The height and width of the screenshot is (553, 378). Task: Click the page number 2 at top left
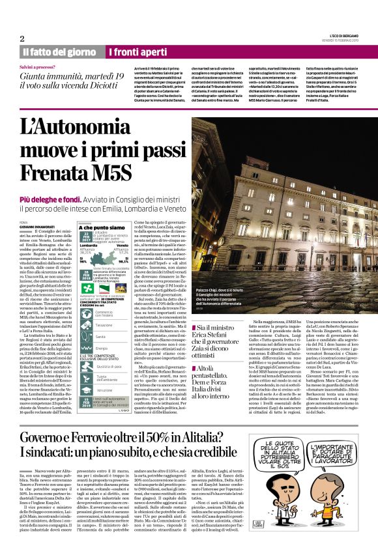[22, 38]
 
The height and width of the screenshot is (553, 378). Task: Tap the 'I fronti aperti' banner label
[138, 51]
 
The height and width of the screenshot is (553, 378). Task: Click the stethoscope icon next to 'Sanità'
[86, 336]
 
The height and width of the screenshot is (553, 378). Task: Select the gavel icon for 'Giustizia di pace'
[86, 367]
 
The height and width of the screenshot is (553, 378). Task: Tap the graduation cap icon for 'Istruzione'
[86, 390]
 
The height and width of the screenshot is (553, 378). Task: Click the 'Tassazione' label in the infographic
[105, 324]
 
